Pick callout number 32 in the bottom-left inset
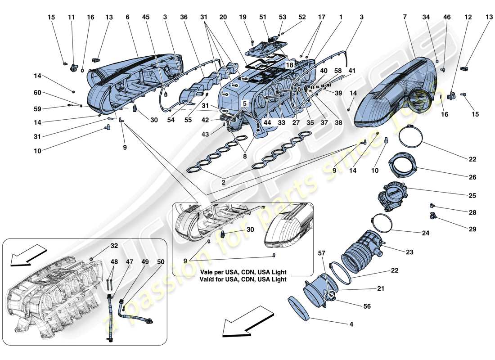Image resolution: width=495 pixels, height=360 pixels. (114, 246)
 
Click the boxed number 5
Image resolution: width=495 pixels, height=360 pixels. (245, 103)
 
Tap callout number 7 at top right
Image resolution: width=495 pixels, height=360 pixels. (405, 17)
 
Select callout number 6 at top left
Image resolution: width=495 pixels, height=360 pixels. (128, 17)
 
